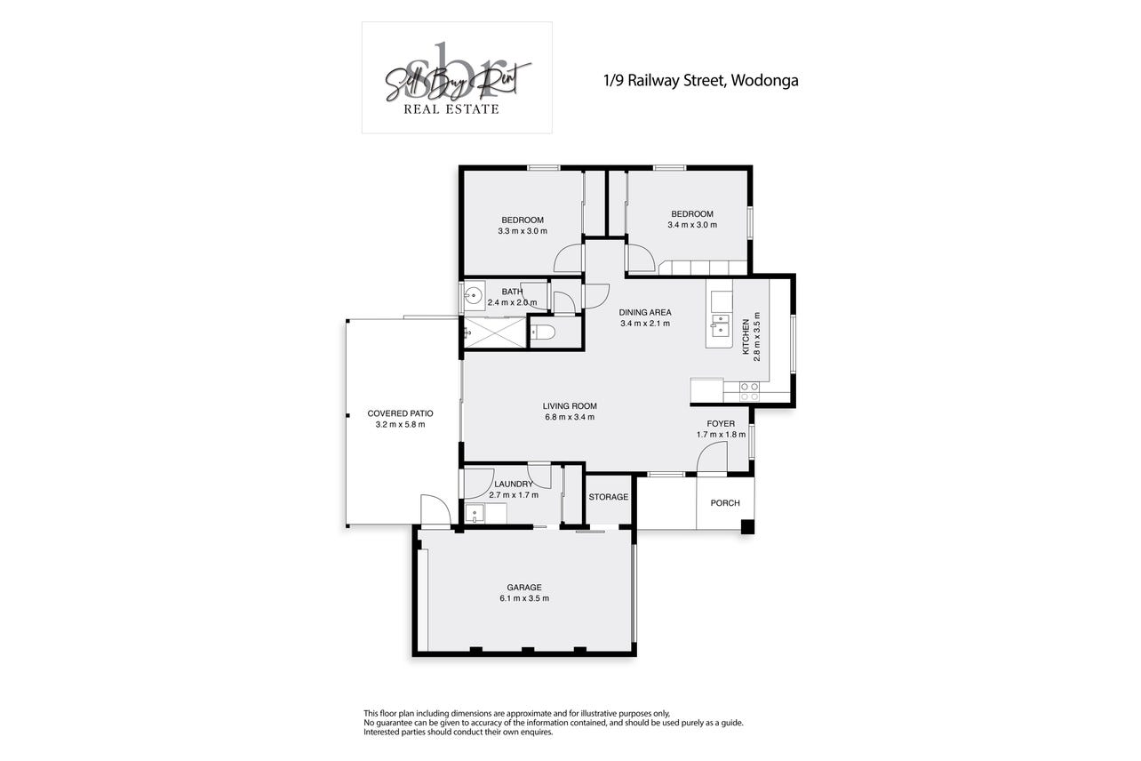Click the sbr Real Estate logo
coord(457,77)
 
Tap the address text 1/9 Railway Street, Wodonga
coord(701,81)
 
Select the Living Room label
coord(570,406)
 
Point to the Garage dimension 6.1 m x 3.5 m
coord(524,598)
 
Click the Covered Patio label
coord(401,413)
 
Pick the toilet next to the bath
coord(542,332)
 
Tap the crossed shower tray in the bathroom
coord(495,332)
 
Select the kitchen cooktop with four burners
coord(749,391)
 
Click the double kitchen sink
coord(721,325)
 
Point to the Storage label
coord(609,497)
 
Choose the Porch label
coord(725,503)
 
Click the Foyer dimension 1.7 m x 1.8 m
coord(721,435)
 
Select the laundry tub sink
coord(475,513)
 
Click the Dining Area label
coord(645,312)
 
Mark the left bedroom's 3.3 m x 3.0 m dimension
coord(523,231)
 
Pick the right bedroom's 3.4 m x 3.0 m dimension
coord(692,225)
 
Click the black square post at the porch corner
coord(747,526)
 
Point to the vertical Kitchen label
coord(746,336)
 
